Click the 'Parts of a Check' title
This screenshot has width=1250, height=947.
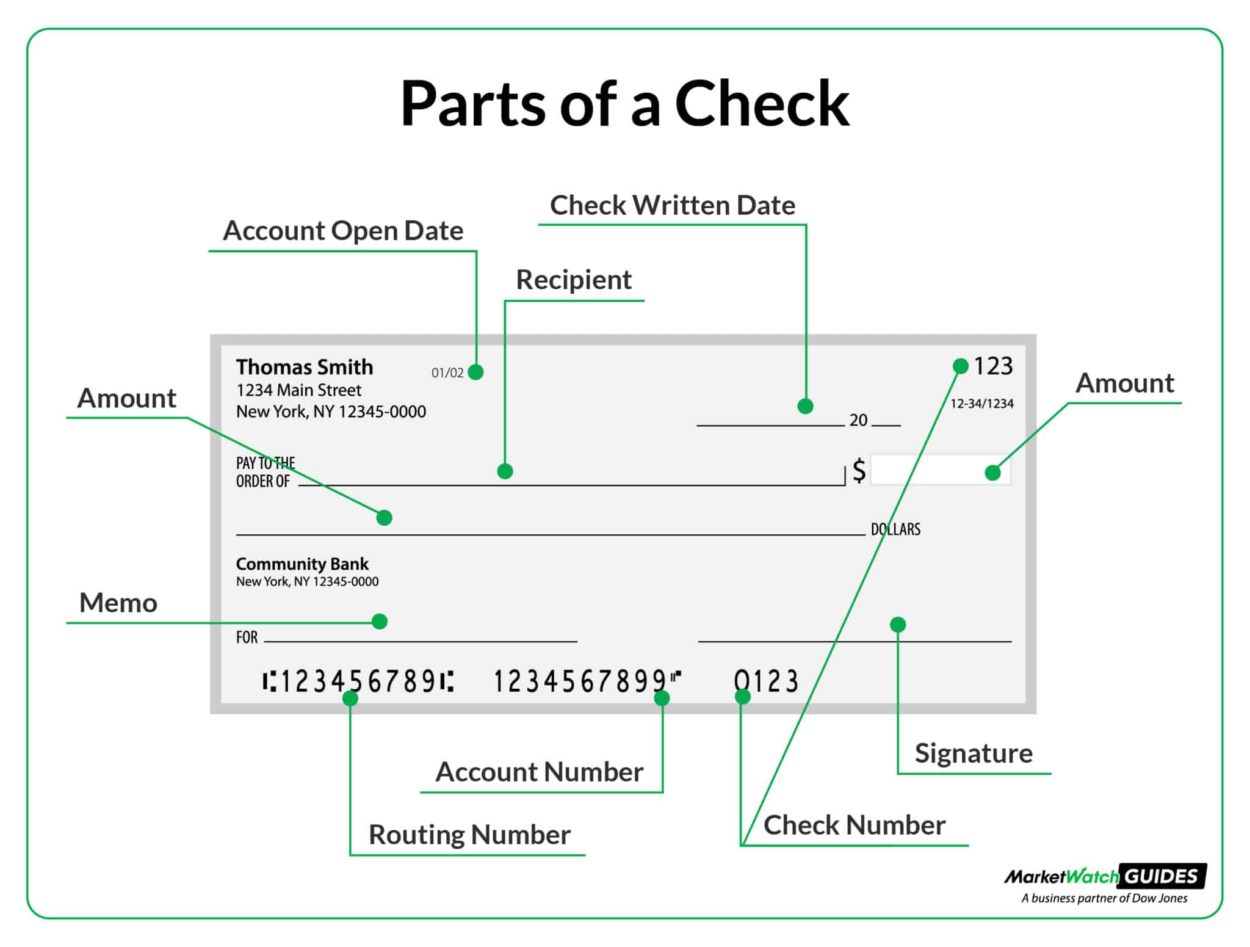(624, 103)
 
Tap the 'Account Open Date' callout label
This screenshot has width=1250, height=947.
(343, 231)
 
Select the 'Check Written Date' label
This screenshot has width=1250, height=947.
(673, 205)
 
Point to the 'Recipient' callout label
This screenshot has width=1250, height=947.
(574, 280)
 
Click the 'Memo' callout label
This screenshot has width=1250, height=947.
(118, 603)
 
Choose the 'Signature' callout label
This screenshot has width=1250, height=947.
(974, 753)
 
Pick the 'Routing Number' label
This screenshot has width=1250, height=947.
(469, 835)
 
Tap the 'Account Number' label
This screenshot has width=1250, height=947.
(539, 772)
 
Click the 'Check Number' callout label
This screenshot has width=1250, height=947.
(854, 825)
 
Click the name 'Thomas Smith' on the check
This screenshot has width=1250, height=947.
(305, 367)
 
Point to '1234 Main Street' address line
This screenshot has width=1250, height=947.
(298, 390)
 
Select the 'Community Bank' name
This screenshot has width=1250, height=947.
(302, 564)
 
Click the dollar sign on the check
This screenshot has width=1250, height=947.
(859, 471)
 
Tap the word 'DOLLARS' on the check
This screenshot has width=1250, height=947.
(895, 529)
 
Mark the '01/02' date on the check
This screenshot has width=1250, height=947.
(447, 373)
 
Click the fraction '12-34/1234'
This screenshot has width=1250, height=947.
(981, 404)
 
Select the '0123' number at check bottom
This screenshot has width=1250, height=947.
(766, 681)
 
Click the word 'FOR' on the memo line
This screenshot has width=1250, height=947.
(247, 637)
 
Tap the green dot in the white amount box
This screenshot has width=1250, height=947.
(992, 473)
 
